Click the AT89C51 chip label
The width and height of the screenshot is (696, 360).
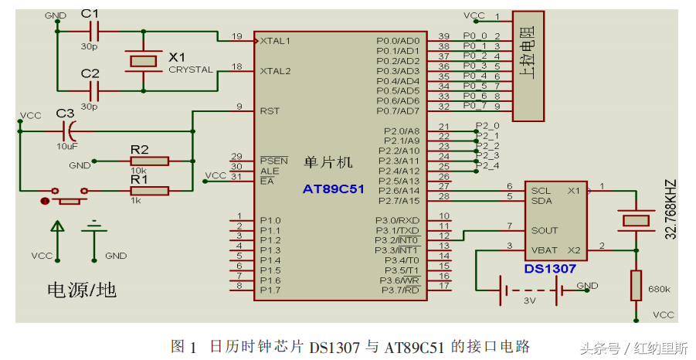click(x=333, y=188)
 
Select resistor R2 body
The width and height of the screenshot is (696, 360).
click(x=149, y=161)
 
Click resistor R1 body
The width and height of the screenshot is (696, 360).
click(x=149, y=190)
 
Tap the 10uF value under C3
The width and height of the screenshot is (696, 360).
click(x=66, y=144)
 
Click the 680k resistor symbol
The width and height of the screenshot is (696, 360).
click(x=637, y=284)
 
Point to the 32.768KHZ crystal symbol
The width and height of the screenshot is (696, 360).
click(x=637, y=220)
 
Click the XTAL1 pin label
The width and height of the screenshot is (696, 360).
click(x=275, y=40)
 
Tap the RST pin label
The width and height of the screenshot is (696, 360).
click(x=270, y=110)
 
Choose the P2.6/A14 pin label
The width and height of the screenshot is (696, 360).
click(x=398, y=191)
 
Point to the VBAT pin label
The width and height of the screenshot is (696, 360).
click(x=544, y=250)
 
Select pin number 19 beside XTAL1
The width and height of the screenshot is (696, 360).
click(x=236, y=36)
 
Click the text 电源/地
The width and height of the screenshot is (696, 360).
click(x=82, y=290)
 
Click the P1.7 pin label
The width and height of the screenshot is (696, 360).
click(x=270, y=290)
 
